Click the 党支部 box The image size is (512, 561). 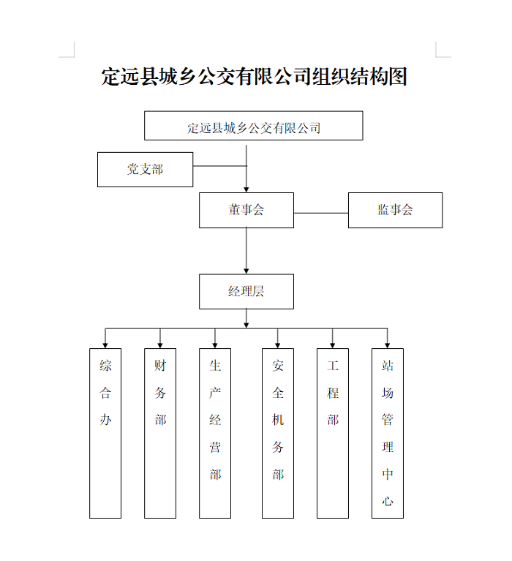click(145, 169)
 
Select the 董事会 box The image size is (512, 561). click(246, 210)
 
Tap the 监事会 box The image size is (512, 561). click(395, 210)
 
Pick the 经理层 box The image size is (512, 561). click(246, 291)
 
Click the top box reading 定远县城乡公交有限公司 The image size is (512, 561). click(253, 125)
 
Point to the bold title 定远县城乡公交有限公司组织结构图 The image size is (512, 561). click(254, 77)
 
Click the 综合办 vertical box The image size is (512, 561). click(105, 433)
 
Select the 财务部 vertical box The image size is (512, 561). click(160, 433)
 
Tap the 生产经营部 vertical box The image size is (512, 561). click(215, 433)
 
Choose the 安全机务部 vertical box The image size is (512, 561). click(278, 433)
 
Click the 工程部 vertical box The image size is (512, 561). click(332, 433)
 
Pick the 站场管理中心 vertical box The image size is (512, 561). click(388, 433)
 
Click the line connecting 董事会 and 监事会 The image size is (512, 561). click(321, 213)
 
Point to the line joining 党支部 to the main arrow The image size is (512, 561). click(219, 166)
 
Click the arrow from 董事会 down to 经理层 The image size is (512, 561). click(246, 251)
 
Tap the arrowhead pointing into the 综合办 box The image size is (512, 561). click(105, 345)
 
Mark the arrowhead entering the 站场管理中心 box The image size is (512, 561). click(388, 345)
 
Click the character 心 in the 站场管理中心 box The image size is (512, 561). click(388, 501)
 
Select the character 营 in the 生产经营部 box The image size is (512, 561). click(215, 447)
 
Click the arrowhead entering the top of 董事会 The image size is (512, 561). click(246, 189)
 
